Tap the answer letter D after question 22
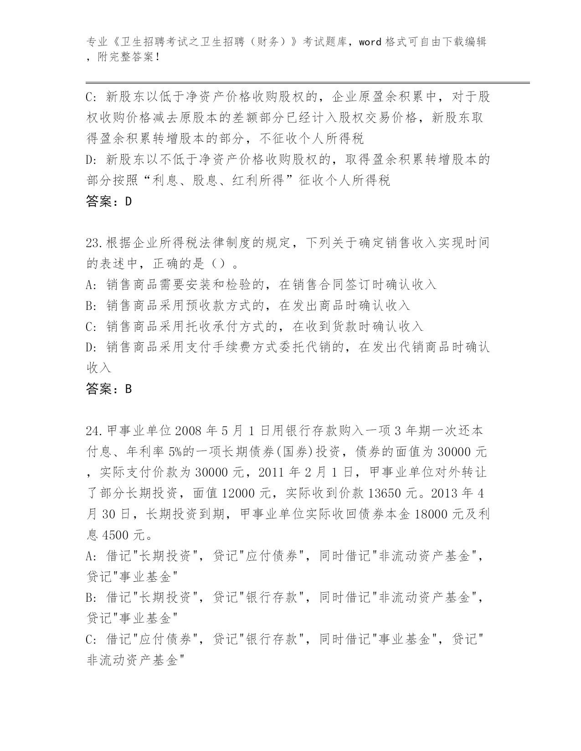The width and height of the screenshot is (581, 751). pyautogui.click(x=128, y=202)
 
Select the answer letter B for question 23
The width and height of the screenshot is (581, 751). pyautogui.click(x=128, y=389)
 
